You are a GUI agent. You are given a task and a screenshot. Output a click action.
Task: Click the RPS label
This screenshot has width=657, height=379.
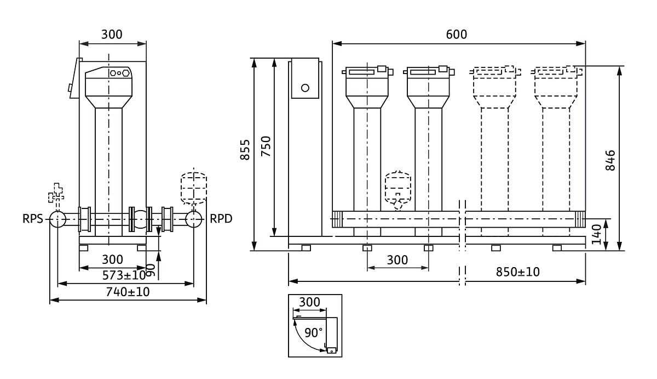coord(33,219)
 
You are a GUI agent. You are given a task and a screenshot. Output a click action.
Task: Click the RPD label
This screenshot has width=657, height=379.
coord(221,219)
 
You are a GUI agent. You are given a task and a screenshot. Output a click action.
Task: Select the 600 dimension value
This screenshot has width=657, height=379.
coord(457,35)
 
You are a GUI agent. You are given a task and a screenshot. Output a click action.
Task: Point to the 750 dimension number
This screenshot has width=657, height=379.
coord(266,147)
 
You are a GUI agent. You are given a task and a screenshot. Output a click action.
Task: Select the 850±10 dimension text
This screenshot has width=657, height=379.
coord(517,272)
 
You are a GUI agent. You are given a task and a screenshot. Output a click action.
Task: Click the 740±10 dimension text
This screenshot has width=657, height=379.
coord(128,292)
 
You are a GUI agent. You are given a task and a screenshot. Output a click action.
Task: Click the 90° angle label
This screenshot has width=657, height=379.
coord(314,332)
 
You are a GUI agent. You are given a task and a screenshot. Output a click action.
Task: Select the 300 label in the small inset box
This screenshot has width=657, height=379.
coord(309,302)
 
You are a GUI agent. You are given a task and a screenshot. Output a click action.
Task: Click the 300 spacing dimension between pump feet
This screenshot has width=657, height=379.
coord(397,260)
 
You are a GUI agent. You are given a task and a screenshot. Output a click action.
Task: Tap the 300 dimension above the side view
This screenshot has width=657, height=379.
coord(112,35)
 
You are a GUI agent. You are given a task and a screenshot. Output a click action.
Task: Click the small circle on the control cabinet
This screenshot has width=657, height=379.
coord(305,88)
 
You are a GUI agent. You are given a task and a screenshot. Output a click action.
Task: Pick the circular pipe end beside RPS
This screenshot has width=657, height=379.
coord(57,219)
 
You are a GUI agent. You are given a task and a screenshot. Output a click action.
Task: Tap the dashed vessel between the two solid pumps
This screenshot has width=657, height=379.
coord(398,189)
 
